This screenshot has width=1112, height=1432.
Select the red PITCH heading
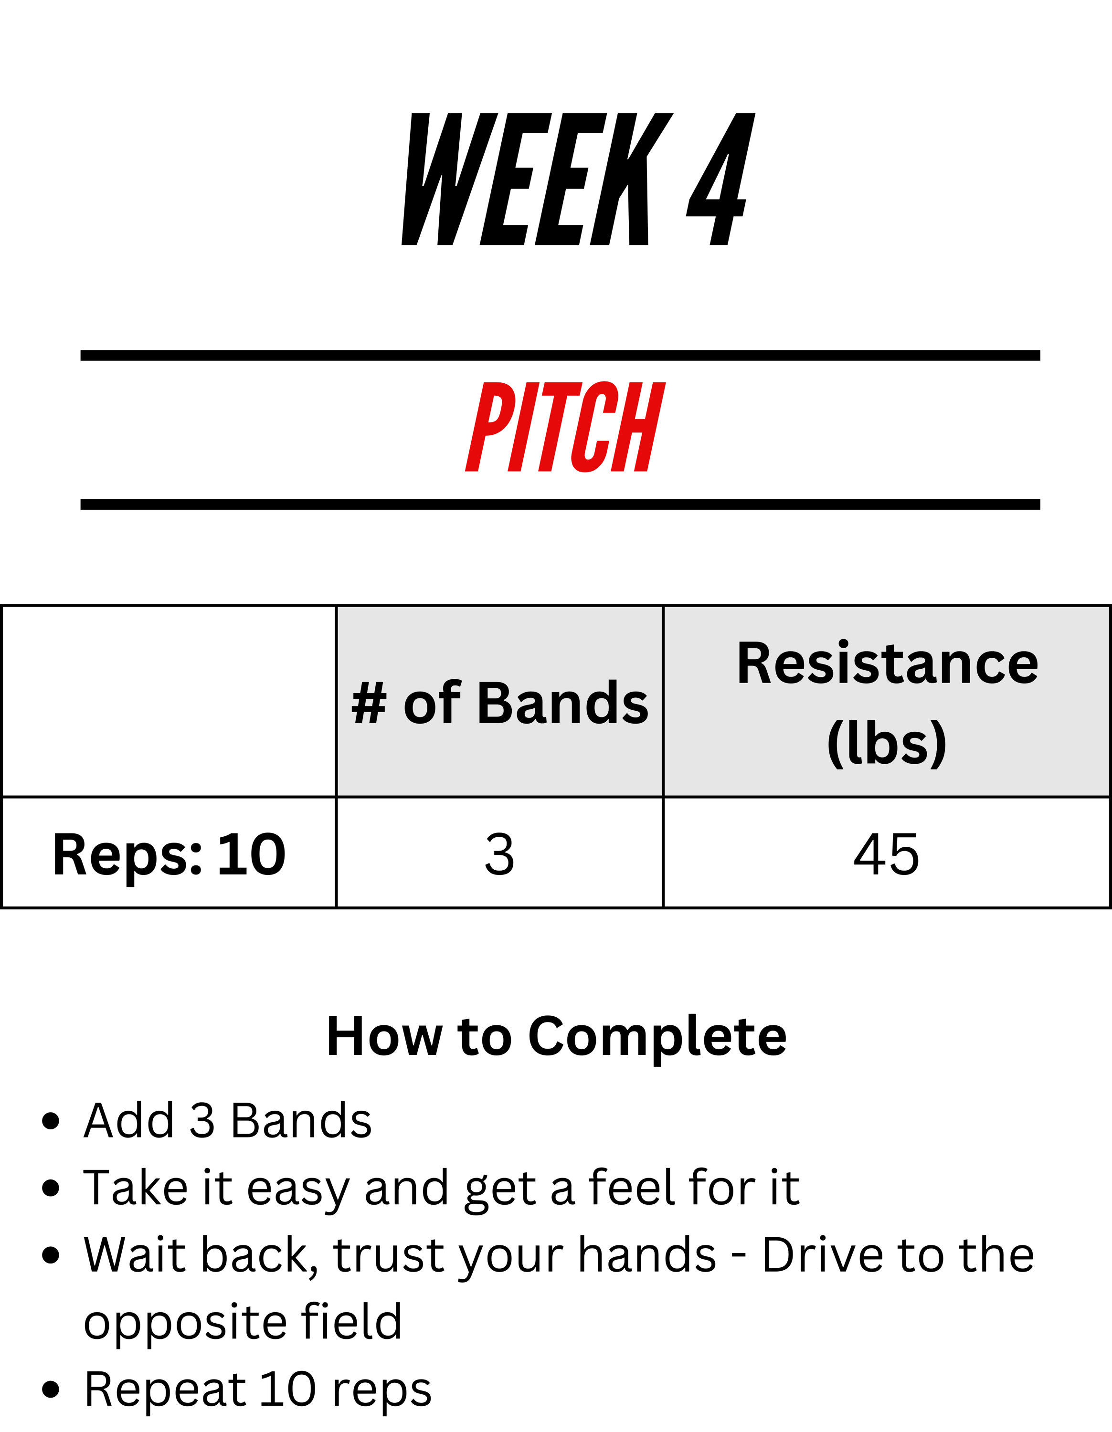point(565,427)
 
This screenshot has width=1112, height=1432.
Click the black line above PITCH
point(561,356)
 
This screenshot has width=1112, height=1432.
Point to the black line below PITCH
point(561,504)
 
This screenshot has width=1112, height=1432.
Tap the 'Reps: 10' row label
point(169,854)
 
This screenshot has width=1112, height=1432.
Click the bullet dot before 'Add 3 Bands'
point(51,1121)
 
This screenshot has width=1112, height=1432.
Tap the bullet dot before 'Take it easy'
point(51,1188)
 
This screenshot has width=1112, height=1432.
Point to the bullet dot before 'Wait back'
point(51,1255)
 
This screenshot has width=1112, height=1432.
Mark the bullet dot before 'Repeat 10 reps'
point(51,1390)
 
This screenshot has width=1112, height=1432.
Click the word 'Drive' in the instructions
point(823,1255)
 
